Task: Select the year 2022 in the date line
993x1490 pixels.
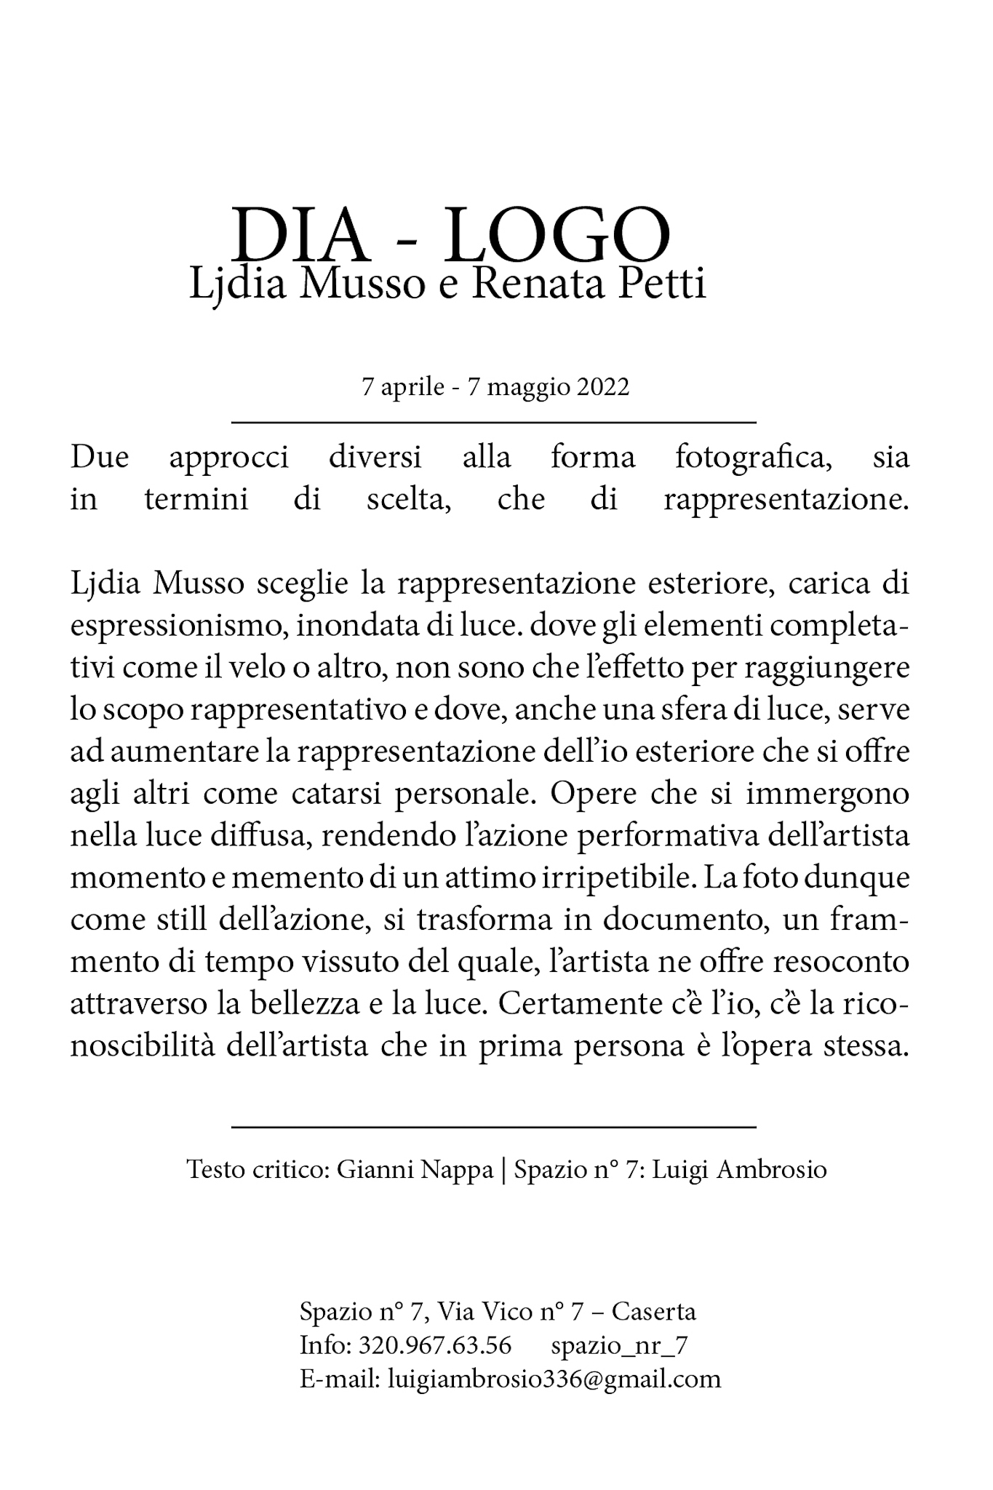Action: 602,387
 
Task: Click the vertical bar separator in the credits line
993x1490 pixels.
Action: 503,1170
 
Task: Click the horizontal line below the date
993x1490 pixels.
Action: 494,421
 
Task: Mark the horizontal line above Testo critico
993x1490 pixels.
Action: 494,1127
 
